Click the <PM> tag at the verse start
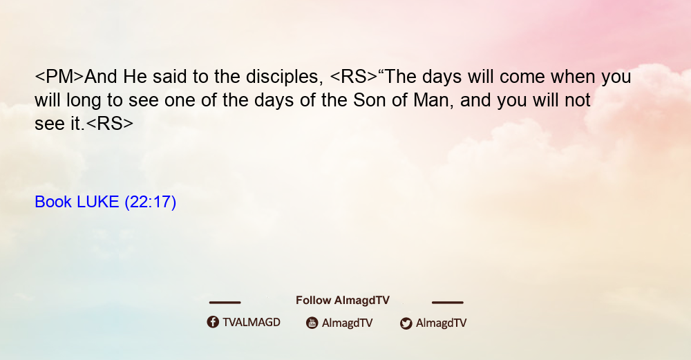tap(59, 77)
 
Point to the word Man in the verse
tap(433, 100)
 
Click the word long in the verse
tap(84, 102)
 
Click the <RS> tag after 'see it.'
tap(109, 124)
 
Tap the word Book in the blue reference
tap(53, 202)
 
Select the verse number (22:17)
tap(150, 202)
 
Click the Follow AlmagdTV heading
tap(343, 301)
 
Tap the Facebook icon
tap(213, 322)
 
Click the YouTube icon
tap(312, 323)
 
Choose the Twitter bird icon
tap(406, 323)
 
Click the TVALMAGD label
tap(252, 323)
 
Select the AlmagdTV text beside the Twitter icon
tap(441, 323)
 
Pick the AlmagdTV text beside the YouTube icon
tap(348, 323)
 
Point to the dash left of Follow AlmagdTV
tap(225, 302)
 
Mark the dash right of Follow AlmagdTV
tap(448, 302)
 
